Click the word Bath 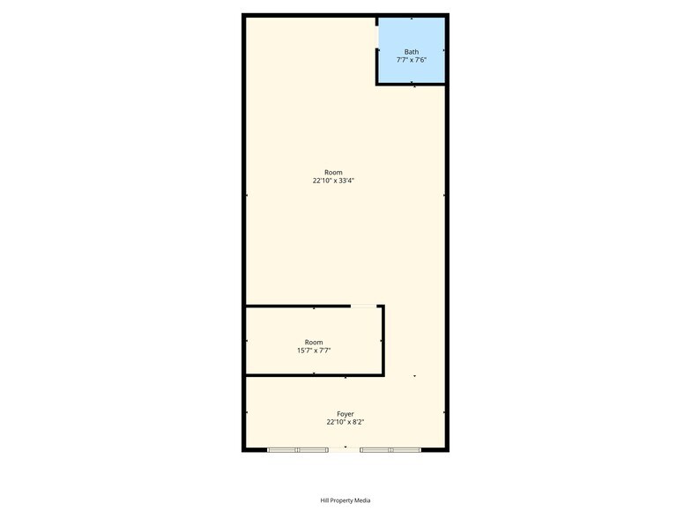pyautogui.click(x=411, y=52)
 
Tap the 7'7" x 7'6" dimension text pyautogui.click(x=411, y=60)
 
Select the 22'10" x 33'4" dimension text pyautogui.click(x=333, y=180)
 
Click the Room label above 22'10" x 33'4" pyautogui.click(x=333, y=173)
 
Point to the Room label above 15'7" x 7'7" pyautogui.click(x=314, y=342)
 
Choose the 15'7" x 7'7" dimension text pyautogui.click(x=314, y=351)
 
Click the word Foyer pyautogui.click(x=345, y=414)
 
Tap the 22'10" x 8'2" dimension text pyautogui.click(x=345, y=422)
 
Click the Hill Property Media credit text pyautogui.click(x=345, y=500)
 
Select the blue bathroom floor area pyautogui.click(x=411, y=50)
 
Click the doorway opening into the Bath pyautogui.click(x=377, y=37)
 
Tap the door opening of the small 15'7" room pyautogui.click(x=363, y=306)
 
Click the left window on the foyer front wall pyautogui.click(x=298, y=449)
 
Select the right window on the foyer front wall pyautogui.click(x=390, y=449)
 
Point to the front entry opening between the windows pyautogui.click(x=344, y=449)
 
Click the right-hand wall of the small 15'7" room pyautogui.click(x=383, y=340)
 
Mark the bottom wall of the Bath pyautogui.click(x=411, y=84)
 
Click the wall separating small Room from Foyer pyautogui.click(x=314, y=375)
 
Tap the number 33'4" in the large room pyautogui.click(x=346, y=180)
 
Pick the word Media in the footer pyautogui.click(x=363, y=500)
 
